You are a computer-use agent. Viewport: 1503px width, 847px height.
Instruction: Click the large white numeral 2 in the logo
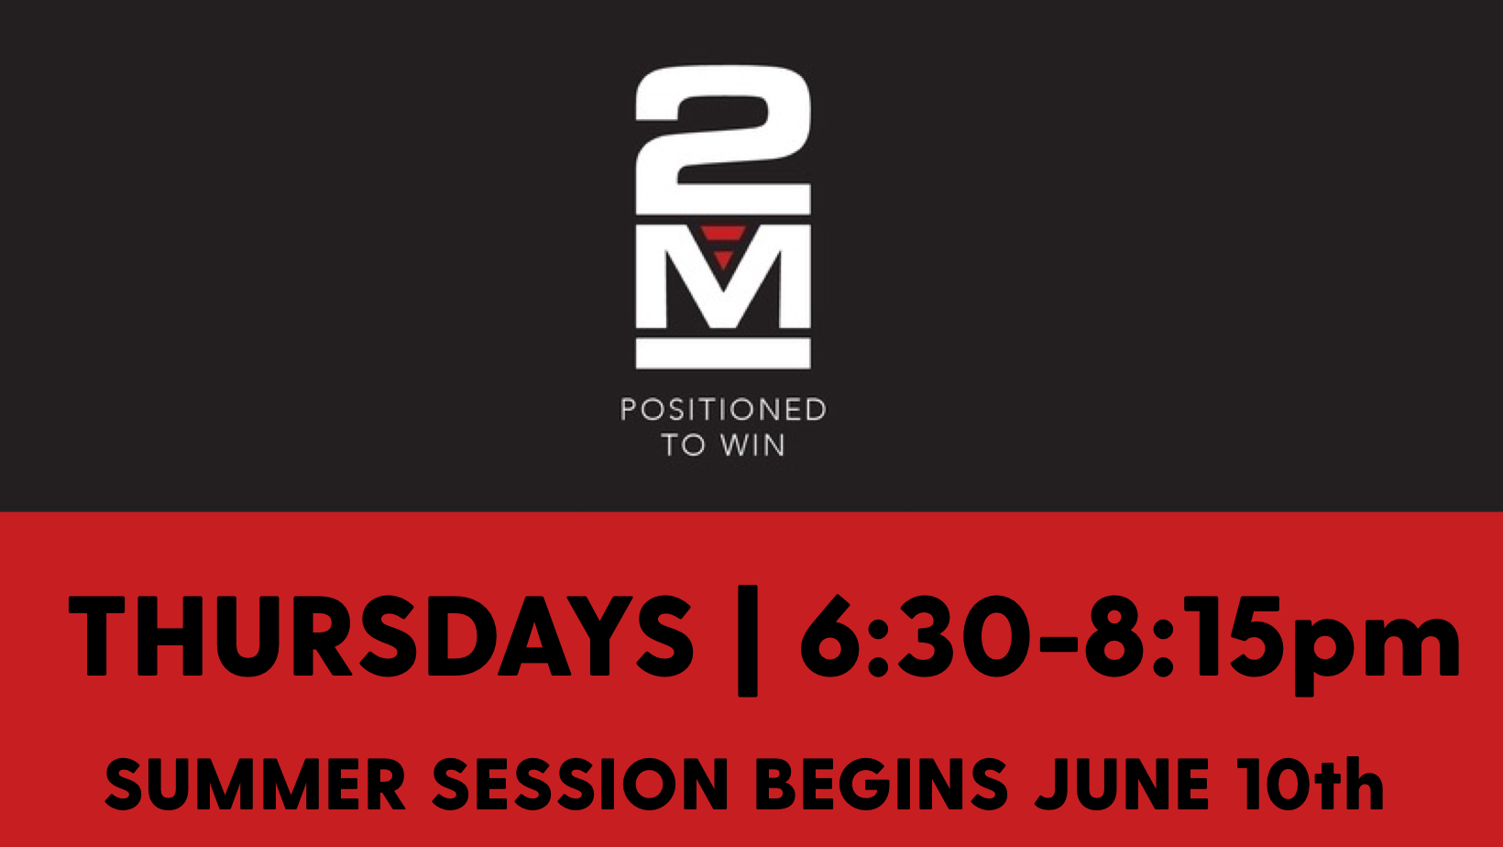coord(723,140)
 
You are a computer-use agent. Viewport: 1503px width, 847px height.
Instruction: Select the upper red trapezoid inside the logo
coord(723,233)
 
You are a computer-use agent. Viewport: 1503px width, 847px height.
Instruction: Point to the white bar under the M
coord(723,353)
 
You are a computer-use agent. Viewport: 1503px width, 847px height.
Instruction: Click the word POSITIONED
coord(723,410)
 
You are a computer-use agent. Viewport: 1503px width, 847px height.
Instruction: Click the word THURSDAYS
coord(381,636)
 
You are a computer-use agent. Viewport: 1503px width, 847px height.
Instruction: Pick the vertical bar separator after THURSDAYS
coord(748,641)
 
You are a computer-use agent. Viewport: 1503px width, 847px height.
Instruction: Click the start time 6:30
coord(915,636)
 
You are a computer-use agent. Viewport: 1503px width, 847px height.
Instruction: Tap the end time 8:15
coord(1179,636)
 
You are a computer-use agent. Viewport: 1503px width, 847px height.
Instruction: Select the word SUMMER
coord(255,784)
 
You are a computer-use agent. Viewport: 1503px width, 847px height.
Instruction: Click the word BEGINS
coord(882,784)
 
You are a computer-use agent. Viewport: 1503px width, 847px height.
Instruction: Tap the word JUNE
coord(1123,784)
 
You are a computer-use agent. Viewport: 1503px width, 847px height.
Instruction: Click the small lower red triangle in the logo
coord(723,259)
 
